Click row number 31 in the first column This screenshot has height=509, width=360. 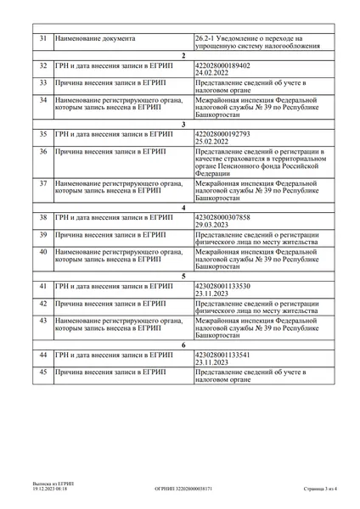[43, 40]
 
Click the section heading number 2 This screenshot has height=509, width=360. [183, 54]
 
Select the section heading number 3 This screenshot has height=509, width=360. [183, 124]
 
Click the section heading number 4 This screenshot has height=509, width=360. [183, 207]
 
